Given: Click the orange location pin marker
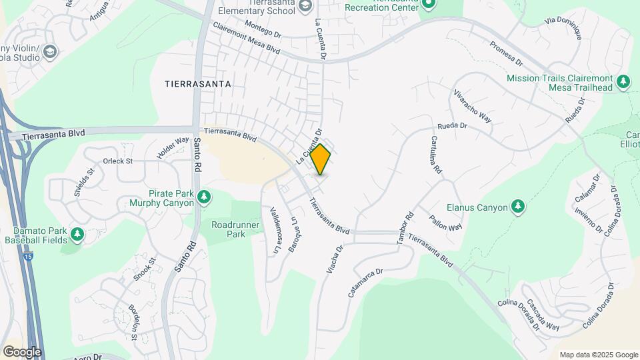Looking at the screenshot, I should coord(321,159).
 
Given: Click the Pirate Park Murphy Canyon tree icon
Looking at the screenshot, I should coord(205,197).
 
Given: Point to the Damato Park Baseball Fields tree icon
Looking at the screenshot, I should coord(78,235).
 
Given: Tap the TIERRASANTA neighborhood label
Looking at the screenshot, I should coord(198,84).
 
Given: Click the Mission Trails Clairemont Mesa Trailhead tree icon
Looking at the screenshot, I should coord(623,82).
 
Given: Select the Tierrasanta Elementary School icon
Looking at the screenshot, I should coord(305,7).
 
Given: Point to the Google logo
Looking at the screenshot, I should coord(22,351).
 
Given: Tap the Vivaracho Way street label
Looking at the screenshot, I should coord(472,105).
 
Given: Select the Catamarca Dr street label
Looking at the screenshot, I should coord(366,282).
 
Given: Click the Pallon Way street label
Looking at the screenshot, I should coord(445,222).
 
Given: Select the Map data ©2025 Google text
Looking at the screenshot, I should coord(598,355).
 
